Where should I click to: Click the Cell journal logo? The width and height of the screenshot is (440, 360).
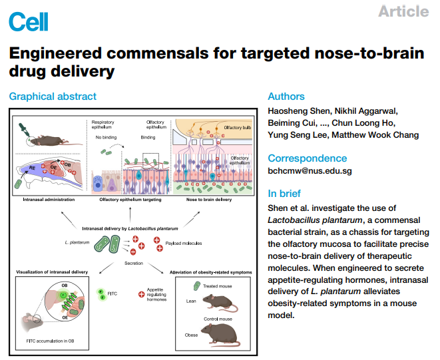tap(25, 21)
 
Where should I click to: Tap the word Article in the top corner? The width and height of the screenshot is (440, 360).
tap(403, 11)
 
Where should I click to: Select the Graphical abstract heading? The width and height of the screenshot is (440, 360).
tap(53, 96)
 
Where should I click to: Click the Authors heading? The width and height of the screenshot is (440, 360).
tap(286, 96)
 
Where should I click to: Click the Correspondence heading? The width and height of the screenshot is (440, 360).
tap(307, 158)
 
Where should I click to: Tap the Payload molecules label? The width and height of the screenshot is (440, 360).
tap(184, 244)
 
